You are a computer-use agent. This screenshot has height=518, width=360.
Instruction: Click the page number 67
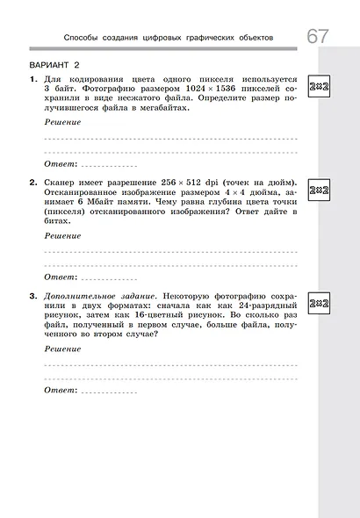point(318,37)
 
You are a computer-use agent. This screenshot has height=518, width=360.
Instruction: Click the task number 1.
point(32,79)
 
